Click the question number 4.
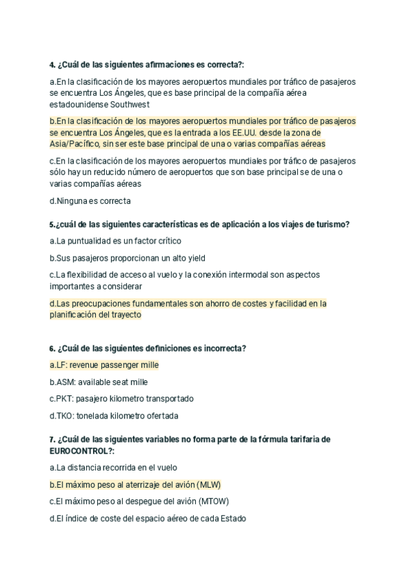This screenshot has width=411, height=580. point(52,65)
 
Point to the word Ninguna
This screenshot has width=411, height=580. point(73,201)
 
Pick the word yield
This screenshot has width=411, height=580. point(195,258)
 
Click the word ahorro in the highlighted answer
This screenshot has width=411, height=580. point(212,303)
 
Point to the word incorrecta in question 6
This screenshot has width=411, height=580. point(224,348)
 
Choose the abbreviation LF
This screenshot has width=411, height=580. point(61,365)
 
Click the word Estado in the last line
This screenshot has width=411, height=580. point(232,518)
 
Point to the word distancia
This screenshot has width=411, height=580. point(90,468)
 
